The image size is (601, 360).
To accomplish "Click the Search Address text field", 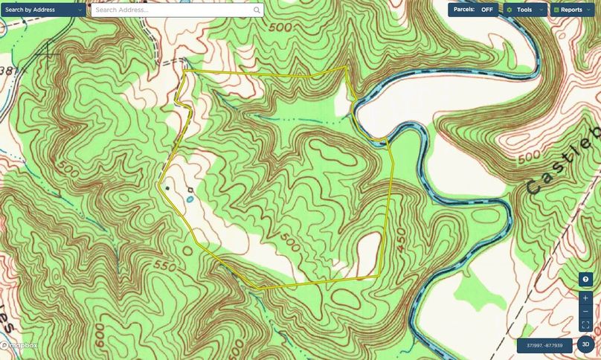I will click(x=171, y=10).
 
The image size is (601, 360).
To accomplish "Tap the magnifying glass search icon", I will click(x=257, y=10).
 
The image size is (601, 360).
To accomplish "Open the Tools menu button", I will click(x=525, y=10).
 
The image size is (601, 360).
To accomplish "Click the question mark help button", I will click(x=586, y=279).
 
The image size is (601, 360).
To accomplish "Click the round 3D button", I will click(x=585, y=344).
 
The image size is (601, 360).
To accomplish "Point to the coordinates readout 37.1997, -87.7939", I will click(x=544, y=346).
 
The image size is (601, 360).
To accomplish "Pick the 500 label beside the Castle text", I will click(x=528, y=158).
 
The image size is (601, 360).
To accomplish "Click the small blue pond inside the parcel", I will click(x=189, y=199).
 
